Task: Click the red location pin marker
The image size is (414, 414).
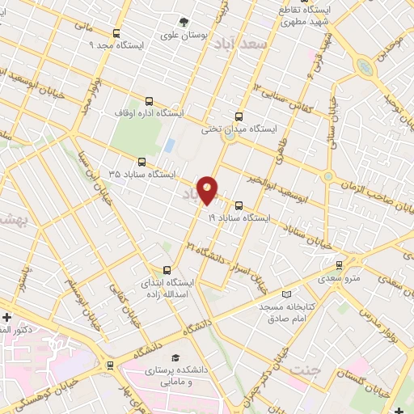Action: [x=208, y=188]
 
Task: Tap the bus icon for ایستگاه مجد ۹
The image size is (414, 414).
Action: [x=117, y=34]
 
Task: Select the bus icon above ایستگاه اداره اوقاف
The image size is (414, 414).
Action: [x=149, y=102]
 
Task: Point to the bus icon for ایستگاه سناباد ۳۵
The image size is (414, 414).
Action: [x=142, y=162]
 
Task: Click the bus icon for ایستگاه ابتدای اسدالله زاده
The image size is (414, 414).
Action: [x=167, y=270]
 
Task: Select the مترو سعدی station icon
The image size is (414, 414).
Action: [x=339, y=265]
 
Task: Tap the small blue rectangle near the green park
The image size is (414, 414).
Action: [x=169, y=146]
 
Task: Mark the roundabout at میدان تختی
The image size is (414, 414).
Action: [x=229, y=135]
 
